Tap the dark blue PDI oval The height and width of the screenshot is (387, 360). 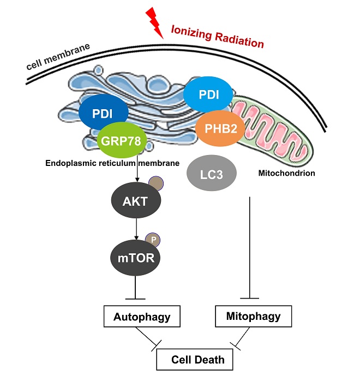(104, 114)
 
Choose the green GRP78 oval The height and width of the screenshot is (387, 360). (121, 140)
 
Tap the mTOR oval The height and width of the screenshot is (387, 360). (136, 257)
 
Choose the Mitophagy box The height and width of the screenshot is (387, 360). (253, 315)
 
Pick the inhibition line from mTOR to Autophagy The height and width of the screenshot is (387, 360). (136, 287)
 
